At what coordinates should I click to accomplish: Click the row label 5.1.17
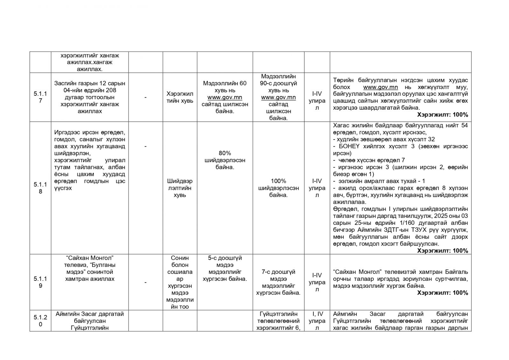point(40,97)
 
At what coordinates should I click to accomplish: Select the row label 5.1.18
point(40,188)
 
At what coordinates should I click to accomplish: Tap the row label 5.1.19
point(40,282)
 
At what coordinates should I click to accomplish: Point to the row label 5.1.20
point(40,321)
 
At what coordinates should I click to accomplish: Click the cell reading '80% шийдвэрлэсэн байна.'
point(225,160)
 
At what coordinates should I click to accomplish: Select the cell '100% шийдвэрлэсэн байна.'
point(278,188)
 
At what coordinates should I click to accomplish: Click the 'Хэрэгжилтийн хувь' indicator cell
point(180,97)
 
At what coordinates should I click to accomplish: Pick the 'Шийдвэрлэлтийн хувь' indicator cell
point(180,188)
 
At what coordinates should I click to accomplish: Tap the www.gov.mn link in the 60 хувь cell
point(225,97)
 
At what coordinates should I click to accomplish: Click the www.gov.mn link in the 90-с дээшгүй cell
point(278,97)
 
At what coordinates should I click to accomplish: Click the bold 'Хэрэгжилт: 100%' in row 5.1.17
point(443,115)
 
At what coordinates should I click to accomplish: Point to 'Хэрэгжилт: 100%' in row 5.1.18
point(443,251)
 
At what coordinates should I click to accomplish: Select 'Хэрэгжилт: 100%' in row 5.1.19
point(443,293)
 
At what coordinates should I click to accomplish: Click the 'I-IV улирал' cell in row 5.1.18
point(317,188)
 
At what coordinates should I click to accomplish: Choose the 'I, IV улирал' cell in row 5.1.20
point(317,321)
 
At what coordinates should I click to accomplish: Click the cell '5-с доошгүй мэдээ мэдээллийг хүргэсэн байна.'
point(225,268)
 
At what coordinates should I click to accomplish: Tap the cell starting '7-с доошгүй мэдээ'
point(278,282)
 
